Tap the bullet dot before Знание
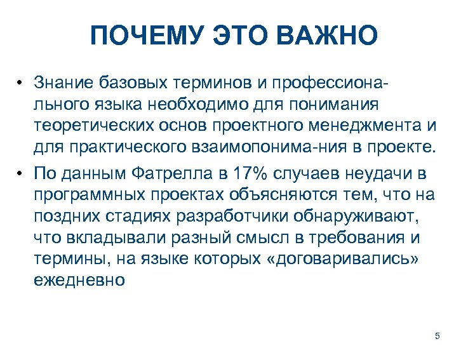pos(21,83)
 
